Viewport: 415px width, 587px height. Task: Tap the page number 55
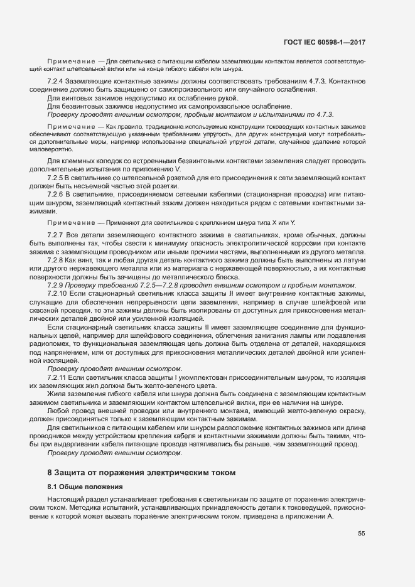click(x=362, y=534)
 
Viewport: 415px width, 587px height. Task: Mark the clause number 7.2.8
click(x=57, y=261)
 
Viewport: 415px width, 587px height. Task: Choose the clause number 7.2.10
click(x=59, y=294)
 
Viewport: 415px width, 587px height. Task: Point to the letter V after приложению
click(x=179, y=170)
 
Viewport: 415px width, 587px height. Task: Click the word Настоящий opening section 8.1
click(x=65, y=499)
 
